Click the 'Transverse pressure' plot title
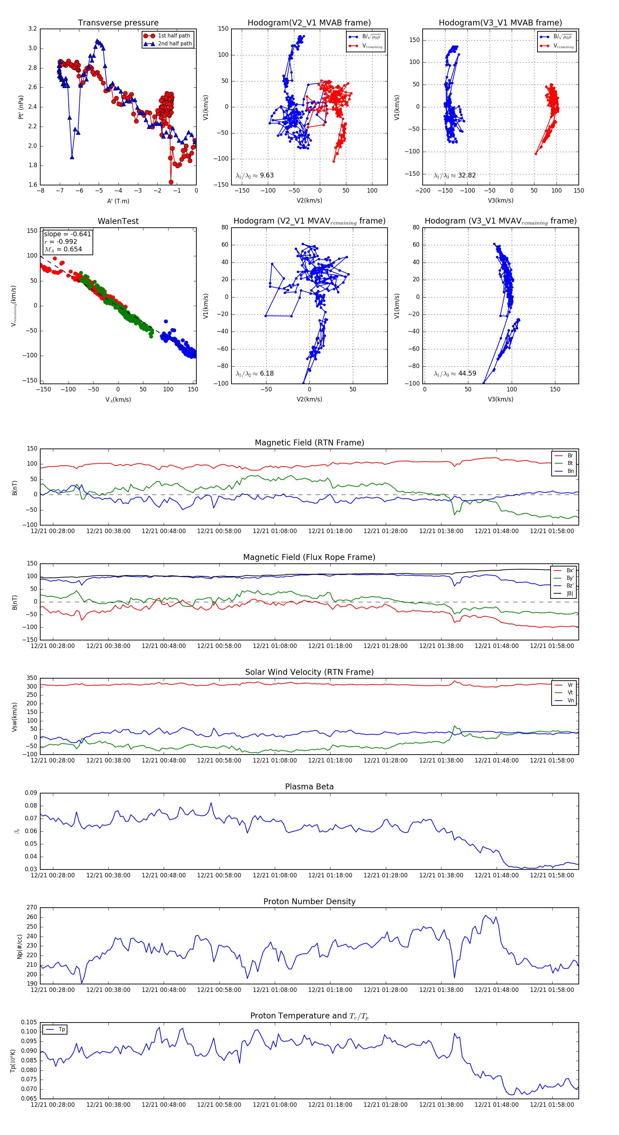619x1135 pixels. [x=118, y=23]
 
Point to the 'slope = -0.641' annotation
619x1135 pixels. [x=67, y=234]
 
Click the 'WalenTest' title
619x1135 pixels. [x=118, y=221]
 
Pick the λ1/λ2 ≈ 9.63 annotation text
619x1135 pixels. [x=254, y=175]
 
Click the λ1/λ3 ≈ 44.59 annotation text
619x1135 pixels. [x=455, y=374]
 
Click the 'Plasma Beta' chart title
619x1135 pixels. [x=309, y=787]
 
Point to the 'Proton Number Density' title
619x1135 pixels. [x=309, y=901]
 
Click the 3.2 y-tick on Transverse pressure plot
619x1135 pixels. [x=33, y=29]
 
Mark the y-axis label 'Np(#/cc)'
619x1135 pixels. [x=19, y=946]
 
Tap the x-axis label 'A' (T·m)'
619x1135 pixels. [x=118, y=201]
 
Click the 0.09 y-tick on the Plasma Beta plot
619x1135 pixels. [x=31, y=793]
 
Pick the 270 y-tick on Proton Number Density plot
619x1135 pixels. [x=32, y=908]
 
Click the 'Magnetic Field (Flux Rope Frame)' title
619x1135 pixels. [x=309, y=558]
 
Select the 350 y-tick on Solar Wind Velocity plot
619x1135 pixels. [x=32, y=678]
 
